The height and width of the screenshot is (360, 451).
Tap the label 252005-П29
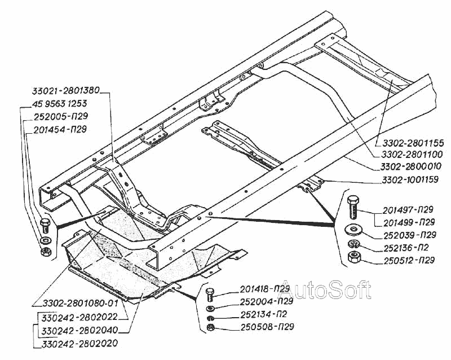(61, 116)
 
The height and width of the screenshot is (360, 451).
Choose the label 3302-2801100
(410, 154)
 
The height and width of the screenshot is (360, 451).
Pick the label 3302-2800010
(410, 167)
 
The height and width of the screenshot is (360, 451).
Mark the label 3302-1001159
(410, 180)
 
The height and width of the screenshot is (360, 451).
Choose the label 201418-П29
(257, 289)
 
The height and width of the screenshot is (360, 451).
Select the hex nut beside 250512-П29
(355, 258)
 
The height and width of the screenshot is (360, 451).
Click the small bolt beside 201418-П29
(210, 294)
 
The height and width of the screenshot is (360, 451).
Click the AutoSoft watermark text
(326, 289)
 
